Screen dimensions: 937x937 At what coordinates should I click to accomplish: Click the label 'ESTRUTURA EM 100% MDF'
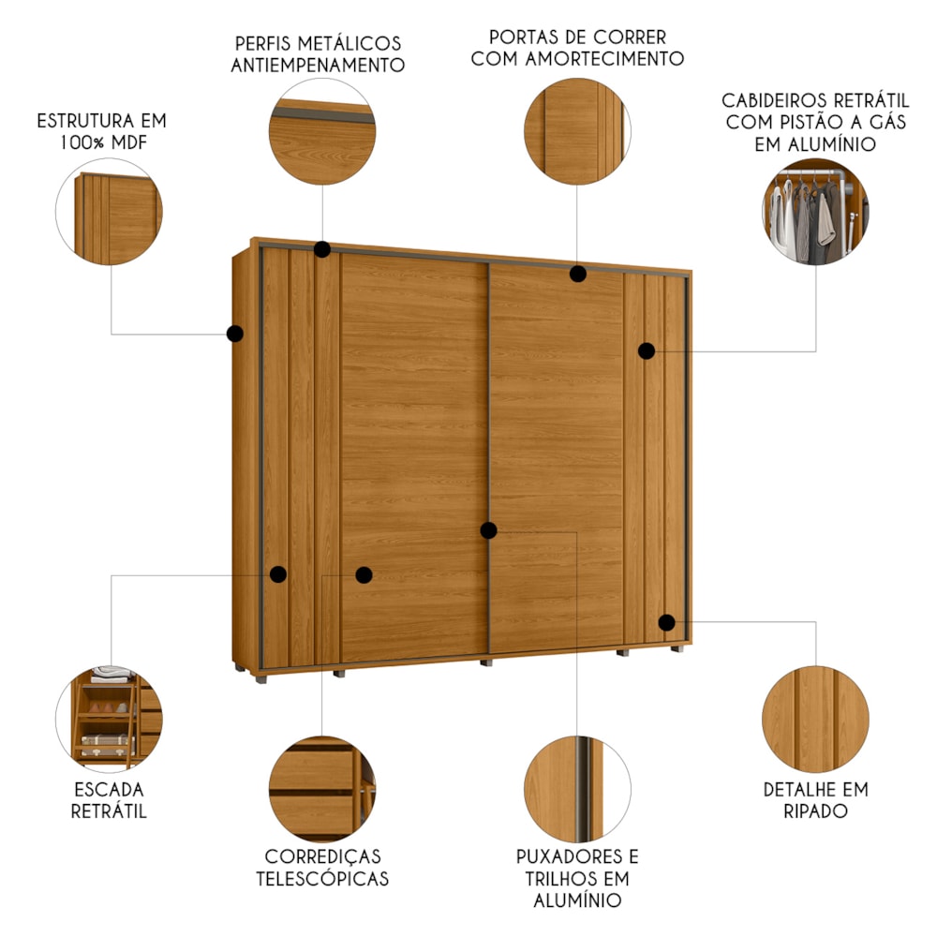tap(101, 131)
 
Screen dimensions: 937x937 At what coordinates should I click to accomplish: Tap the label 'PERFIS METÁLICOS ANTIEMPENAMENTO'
tap(318, 53)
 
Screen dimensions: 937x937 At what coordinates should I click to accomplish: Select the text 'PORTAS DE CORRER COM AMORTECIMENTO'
tap(577, 48)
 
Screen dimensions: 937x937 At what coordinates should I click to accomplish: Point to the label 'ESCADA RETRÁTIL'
tap(109, 800)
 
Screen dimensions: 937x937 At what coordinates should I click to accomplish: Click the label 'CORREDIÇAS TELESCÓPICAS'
tap(322, 867)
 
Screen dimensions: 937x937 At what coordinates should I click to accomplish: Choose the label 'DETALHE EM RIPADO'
tap(816, 800)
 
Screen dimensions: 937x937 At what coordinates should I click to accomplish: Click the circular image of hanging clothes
tap(816, 212)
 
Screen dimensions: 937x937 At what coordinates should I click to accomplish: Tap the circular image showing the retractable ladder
tap(109, 720)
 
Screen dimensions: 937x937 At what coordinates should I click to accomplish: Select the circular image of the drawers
tap(322, 789)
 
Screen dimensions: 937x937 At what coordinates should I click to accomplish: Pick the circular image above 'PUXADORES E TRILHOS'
tap(577, 789)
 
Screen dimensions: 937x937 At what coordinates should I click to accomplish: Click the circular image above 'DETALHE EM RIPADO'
tap(816, 720)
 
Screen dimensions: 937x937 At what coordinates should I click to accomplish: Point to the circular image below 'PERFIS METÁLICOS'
tap(322, 131)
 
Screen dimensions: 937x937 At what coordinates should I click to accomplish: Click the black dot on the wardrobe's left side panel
tap(235, 334)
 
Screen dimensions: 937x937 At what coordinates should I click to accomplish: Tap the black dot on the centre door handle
tap(489, 530)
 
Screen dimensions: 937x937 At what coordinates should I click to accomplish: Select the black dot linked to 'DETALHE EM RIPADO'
tap(667, 622)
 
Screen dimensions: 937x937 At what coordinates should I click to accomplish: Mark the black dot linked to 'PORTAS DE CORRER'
tap(578, 274)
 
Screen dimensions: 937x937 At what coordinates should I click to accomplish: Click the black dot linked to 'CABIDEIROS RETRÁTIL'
tap(647, 350)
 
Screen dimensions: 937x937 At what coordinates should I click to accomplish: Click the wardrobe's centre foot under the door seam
tap(486, 662)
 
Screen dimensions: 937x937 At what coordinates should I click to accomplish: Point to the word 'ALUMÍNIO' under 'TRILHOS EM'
tap(577, 900)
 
